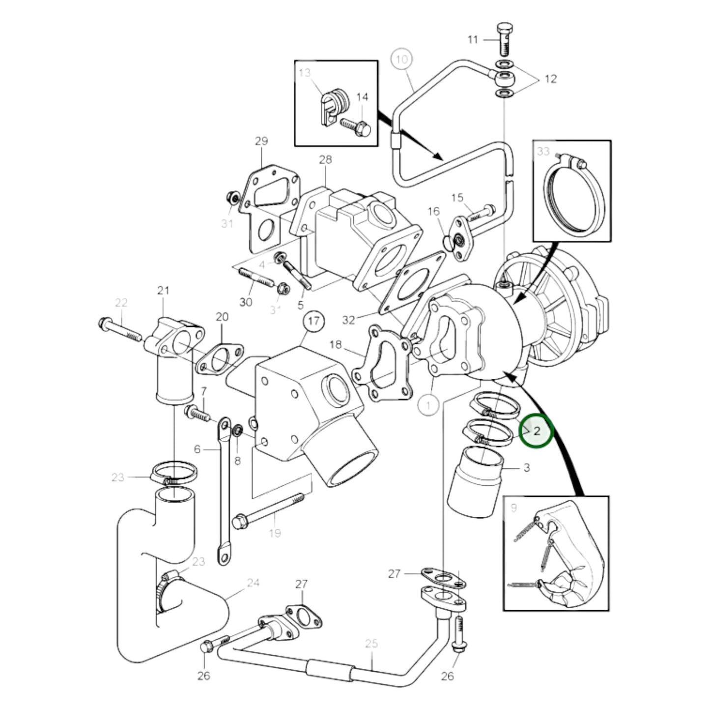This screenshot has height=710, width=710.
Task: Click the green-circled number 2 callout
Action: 537,431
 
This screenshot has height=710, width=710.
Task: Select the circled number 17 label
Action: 314,322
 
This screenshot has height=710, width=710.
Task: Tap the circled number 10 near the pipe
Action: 401,60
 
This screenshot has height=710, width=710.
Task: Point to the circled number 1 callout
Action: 429,405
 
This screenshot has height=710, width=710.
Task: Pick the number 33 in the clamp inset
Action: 543,151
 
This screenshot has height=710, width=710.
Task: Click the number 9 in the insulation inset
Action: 514,508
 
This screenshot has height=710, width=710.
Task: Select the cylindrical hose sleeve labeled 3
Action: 474,484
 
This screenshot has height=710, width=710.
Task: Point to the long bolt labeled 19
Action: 268,511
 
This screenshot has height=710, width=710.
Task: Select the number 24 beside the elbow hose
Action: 253,583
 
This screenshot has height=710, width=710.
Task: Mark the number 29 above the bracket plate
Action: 261,141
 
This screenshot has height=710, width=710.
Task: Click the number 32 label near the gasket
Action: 348,320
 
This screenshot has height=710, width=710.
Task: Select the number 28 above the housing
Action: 325,159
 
